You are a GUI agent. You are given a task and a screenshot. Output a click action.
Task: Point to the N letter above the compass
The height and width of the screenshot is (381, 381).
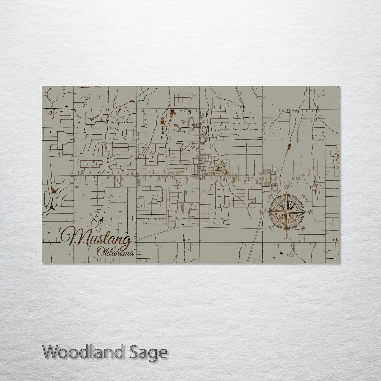coord(287,187)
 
